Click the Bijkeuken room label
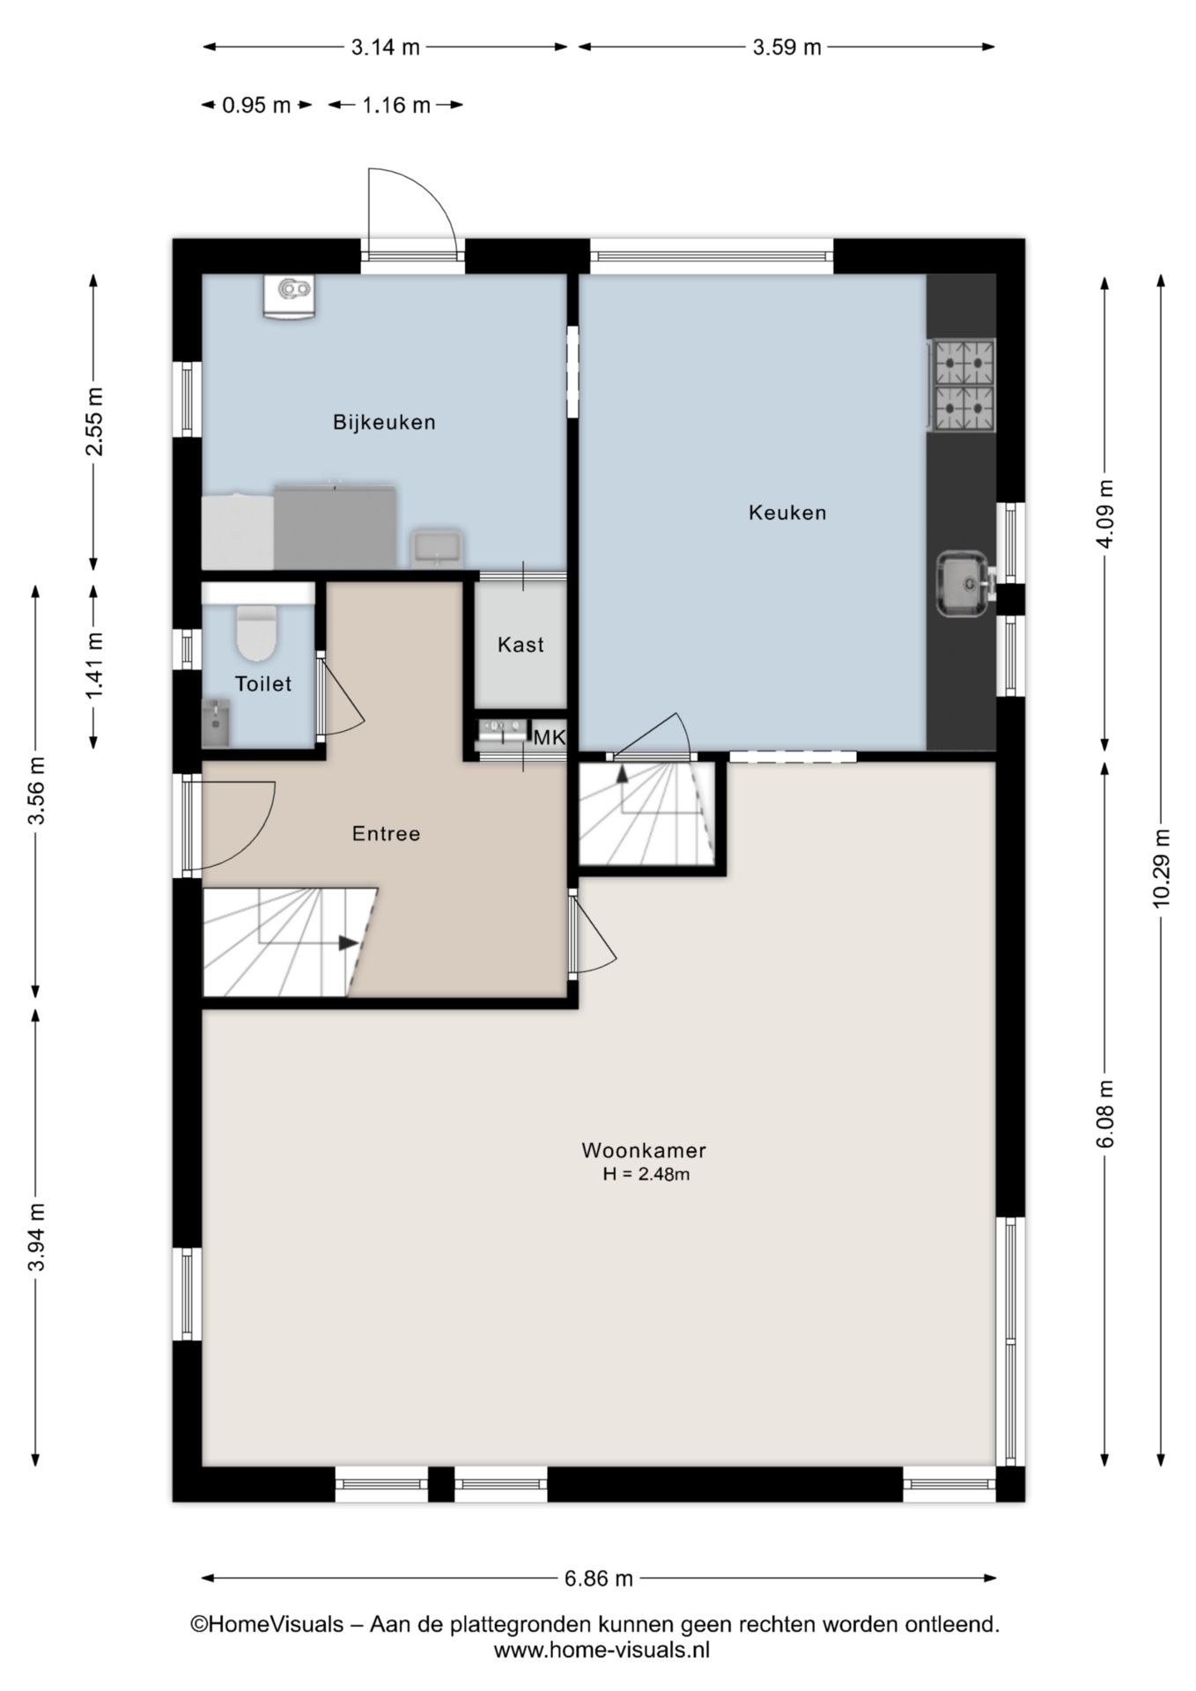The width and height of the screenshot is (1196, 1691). (x=384, y=422)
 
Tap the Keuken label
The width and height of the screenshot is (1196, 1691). (x=787, y=512)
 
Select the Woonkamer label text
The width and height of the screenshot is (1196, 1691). (x=644, y=1149)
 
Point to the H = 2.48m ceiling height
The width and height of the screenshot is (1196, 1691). (x=646, y=1173)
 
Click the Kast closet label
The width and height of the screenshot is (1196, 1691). (x=520, y=645)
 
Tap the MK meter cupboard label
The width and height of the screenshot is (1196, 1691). (x=550, y=737)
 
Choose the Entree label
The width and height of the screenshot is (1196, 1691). (x=386, y=833)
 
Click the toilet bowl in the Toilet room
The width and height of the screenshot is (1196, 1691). (x=257, y=632)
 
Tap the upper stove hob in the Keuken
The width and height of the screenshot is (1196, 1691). (x=963, y=362)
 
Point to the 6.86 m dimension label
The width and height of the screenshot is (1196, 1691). (x=599, y=1578)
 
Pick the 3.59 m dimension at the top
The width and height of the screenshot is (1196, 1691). (x=786, y=47)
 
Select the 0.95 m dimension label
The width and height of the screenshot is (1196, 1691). (x=256, y=106)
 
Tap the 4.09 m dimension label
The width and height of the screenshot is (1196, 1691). (x=1106, y=513)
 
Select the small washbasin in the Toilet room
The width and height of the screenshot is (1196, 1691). (x=216, y=722)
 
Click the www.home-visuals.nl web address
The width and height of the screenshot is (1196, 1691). (x=602, y=1650)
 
